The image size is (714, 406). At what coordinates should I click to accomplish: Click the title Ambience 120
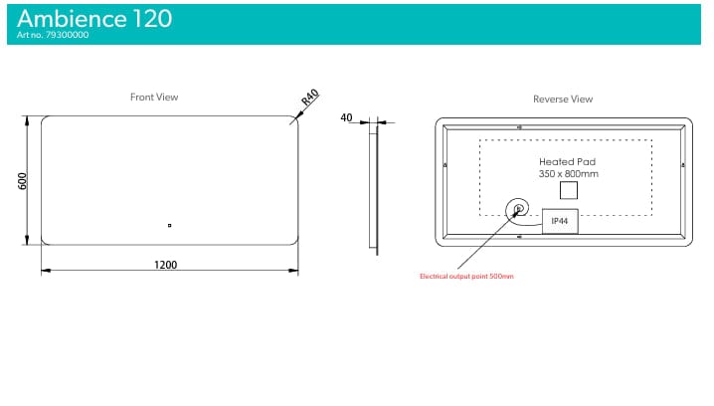point(94,19)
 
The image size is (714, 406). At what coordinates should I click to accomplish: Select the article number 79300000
point(67,35)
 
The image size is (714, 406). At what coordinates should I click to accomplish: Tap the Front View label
point(154,98)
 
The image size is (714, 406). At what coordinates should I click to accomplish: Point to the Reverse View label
point(563,99)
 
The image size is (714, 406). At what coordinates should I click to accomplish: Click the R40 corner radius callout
point(310,98)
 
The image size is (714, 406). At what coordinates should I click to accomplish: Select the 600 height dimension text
point(22,181)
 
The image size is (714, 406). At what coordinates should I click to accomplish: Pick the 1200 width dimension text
point(165,265)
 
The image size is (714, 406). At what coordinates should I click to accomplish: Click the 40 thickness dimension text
point(346,117)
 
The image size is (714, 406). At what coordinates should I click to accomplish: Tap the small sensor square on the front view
point(169,225)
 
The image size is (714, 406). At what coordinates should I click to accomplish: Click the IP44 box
point(560,221)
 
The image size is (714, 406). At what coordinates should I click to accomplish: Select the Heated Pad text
point(567,161)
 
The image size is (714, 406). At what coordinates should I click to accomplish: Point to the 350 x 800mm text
point(568,173)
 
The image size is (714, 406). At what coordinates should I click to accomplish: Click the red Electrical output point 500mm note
point(466,276)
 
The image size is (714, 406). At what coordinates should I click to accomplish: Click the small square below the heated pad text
point(568,190)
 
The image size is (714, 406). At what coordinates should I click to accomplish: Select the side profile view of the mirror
point(373,187)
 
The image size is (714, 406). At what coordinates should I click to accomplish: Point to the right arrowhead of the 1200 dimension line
point(293,271)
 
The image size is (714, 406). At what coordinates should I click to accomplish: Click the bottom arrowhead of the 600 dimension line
point(27,240)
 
